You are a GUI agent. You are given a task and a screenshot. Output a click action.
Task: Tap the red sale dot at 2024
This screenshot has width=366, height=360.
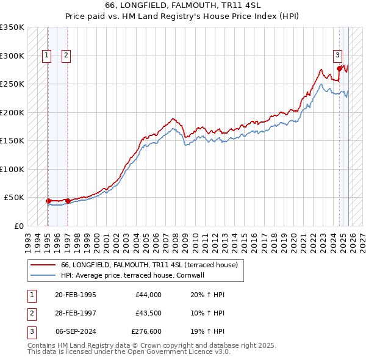340,69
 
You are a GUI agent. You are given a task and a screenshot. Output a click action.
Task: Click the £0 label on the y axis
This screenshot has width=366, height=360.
18,226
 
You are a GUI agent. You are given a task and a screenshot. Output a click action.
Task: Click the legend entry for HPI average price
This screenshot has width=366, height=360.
132,275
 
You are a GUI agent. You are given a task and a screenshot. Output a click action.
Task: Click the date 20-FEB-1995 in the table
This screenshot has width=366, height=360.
75,295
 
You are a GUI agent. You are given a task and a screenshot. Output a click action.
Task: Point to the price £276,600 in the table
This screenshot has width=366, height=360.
146,334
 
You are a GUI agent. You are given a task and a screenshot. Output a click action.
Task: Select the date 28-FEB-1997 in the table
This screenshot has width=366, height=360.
75,314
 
